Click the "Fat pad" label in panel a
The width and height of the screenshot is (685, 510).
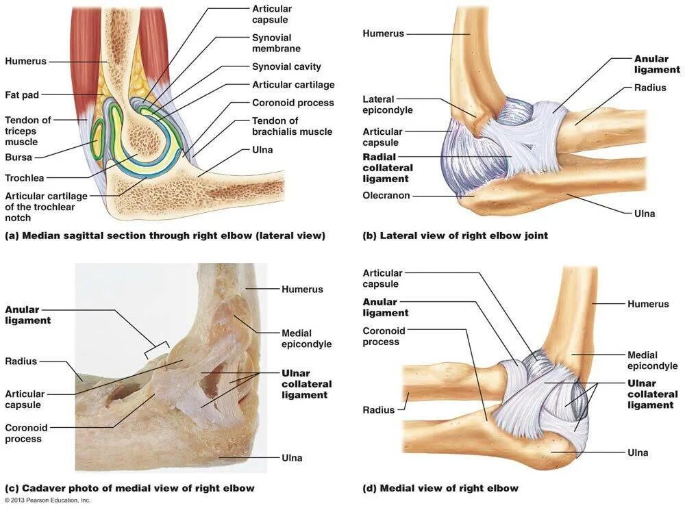[22, 94]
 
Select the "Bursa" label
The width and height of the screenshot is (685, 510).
[18, 157]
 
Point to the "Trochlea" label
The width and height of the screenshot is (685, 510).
[24, 178]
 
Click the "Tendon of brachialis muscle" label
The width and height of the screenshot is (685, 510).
[292, 126]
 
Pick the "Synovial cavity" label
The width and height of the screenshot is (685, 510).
[286, 67]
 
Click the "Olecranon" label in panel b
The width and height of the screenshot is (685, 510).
[386, 195]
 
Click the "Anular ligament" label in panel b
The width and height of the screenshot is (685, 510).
[656, 64]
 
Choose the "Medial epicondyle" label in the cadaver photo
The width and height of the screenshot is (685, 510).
[306, 339]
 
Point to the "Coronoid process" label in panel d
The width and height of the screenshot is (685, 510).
[384, 336]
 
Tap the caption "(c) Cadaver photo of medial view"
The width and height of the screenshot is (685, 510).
[129, 488]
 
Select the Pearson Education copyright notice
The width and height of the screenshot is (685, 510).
[47, 500]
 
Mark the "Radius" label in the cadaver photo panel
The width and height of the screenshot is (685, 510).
[21, 361]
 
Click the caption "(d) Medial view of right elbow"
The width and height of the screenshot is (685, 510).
[440, 488]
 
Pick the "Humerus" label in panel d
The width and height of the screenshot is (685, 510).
[647, 303]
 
